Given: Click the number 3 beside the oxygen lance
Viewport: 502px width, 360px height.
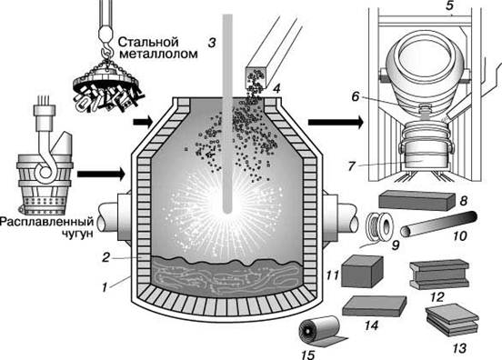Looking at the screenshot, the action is pos(212,42).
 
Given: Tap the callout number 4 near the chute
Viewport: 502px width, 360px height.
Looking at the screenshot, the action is pos(276,88).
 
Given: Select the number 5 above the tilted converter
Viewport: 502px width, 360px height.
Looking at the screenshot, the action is pos(450,5).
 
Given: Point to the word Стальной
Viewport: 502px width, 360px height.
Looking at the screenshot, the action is pos(148,42).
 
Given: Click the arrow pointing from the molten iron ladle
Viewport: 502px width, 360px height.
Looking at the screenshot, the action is pos(101,174).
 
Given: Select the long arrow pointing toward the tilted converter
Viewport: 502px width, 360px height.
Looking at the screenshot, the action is pos(336,122).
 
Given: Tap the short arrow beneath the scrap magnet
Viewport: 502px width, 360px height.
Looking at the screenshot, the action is pos(143,122).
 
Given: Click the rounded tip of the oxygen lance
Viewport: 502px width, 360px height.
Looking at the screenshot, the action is pos(227,210).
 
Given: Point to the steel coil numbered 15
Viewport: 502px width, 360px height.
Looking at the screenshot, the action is pos(323,333).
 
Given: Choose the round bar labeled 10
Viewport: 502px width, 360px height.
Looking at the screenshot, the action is pos(439,224).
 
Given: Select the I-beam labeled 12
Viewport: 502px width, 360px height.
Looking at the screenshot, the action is pos(439,275).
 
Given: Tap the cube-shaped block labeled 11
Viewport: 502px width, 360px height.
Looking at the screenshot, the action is pos(362,271).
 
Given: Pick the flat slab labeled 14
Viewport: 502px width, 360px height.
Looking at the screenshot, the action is pos(375,306).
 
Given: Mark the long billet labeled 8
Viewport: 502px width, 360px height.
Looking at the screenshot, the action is pos(417,200).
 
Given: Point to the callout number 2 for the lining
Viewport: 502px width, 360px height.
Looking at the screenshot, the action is pos(106,257).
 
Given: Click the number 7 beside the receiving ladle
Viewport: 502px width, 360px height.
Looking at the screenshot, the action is pos(352,165).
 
